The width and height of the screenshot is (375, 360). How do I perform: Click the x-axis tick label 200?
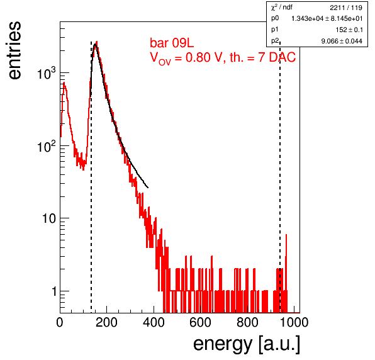tap(106, 322)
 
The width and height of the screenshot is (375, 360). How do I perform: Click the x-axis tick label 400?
tap(154, 322)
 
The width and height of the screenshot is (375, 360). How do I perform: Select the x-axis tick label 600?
tap(201, 322)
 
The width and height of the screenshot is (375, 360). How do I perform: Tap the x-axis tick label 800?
tap(247, 322)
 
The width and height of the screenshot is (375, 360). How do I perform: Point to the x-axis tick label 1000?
tap(294, 322)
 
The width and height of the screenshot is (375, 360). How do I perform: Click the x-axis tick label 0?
tap(60, 322)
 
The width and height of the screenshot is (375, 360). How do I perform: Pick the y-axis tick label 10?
tap(49, 218)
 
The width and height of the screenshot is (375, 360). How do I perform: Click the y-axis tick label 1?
tap(54, 291)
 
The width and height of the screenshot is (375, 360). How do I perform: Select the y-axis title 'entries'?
tap(15, 50)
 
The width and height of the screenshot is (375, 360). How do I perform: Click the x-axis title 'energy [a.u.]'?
tap(247, 344)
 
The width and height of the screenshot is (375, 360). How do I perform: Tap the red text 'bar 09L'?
tap(172, 43)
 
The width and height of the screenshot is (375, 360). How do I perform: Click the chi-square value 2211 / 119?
tap(346, 8)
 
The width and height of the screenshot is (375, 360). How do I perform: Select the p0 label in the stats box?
tap(275, 18)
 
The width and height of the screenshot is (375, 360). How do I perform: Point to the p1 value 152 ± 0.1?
tap(349, 30)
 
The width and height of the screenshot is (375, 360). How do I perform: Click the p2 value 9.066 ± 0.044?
tap(342, 41)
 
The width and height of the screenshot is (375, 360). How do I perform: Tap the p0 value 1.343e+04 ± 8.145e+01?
tap(327, 18)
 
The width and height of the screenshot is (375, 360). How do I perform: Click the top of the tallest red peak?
tap(97, 42)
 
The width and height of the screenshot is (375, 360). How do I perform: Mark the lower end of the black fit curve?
tap(148, 188)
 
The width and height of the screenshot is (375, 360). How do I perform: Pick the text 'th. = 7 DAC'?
tap(262, 57)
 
